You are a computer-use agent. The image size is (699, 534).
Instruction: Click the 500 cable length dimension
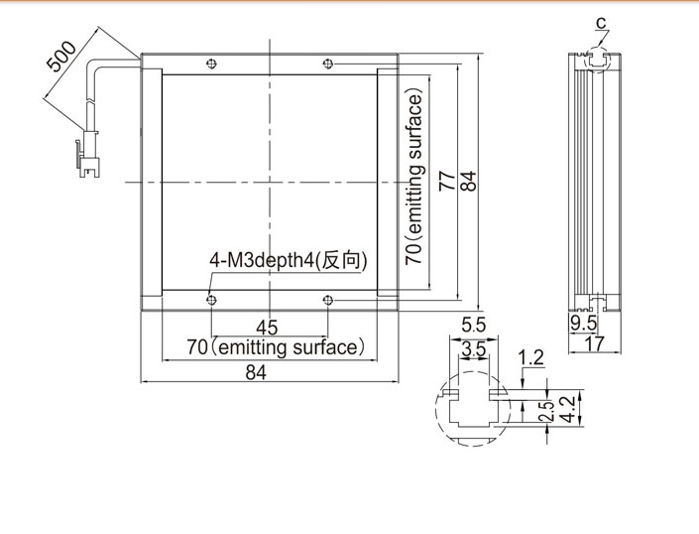tap(61, 57)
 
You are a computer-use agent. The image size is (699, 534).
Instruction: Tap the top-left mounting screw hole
tap(212, 64)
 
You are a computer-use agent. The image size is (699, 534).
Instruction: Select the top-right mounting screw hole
tap(327, 64)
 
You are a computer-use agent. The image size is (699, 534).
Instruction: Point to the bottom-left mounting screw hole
tap(212, 300)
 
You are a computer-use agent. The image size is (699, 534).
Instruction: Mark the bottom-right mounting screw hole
tap(327, 300)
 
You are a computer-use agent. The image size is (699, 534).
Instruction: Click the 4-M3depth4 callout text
tap(289, 260)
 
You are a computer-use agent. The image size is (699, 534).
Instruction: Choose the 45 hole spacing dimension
tap(267, 328)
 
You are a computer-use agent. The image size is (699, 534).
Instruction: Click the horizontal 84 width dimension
tap(256, 372)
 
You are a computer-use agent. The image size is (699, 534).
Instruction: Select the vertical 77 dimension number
tap(447, 181)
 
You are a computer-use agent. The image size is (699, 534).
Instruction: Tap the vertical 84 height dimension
tap(468, 181)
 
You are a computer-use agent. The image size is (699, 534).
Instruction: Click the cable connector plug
tap(88, 154)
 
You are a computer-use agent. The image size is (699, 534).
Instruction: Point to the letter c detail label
tap(602, 22)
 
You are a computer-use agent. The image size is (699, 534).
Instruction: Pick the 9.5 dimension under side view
tap(584, 324)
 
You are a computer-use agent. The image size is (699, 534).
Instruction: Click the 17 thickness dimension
tap(595, 344)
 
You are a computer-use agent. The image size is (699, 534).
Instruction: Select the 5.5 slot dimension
tap(473, 326)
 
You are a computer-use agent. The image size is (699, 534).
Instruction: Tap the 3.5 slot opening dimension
tap(473, 349)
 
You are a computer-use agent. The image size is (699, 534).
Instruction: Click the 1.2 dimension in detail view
tap(530, 357)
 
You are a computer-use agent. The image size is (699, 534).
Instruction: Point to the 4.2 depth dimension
tap(568, 410)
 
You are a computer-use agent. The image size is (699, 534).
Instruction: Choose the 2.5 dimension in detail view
tap(546, 411)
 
